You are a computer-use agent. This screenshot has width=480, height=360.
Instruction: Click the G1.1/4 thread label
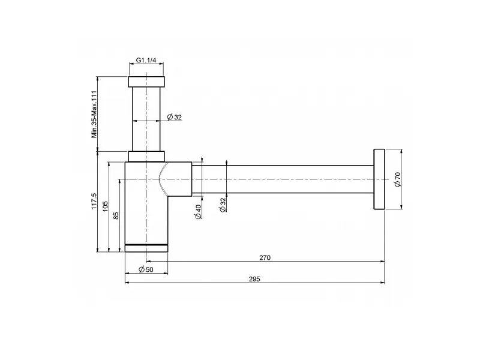146,60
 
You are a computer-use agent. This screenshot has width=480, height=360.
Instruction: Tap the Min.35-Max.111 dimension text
94,114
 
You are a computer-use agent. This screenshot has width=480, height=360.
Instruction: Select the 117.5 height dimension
94,201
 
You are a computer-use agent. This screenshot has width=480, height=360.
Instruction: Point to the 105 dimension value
105,206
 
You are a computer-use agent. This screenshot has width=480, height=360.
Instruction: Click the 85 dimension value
116,215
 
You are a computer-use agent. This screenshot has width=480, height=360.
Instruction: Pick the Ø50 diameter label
146,269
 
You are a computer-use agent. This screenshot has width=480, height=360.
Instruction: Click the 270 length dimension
265,258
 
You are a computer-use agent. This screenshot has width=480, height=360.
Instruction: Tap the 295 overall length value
254,279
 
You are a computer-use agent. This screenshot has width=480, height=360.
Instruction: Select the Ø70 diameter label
397,179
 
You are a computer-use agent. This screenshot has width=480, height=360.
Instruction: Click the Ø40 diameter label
198,212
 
